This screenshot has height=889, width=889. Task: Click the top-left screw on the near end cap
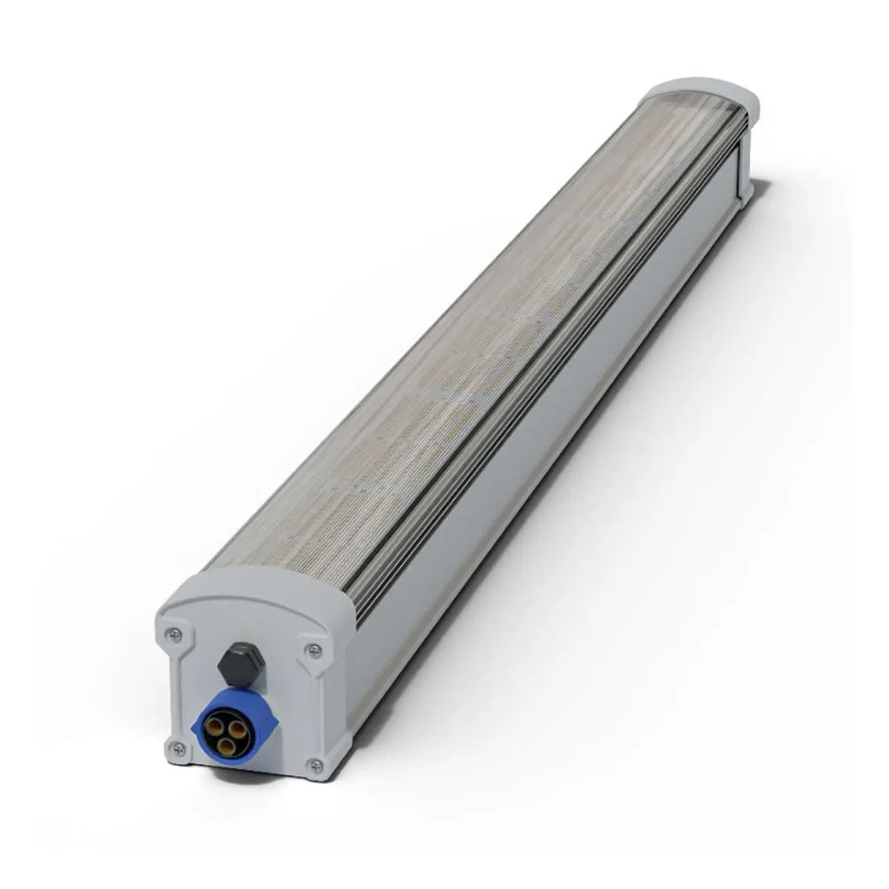coord(175,634)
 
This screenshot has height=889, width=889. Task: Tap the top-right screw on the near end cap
coord(314,650)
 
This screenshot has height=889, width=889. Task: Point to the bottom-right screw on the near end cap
coord(315,766)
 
